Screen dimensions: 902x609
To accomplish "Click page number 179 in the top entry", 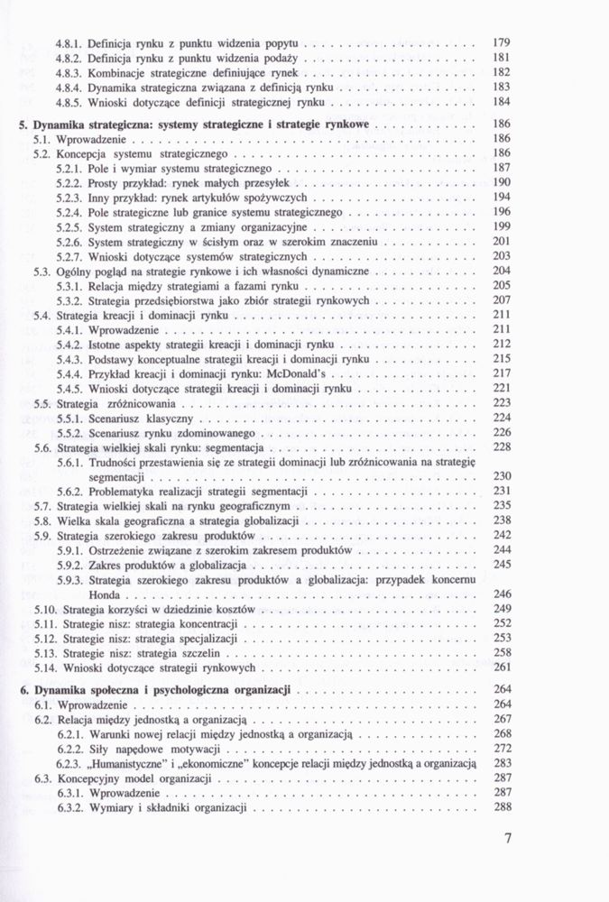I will (503, 41).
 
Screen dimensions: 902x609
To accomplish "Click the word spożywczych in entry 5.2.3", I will (280, 197).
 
